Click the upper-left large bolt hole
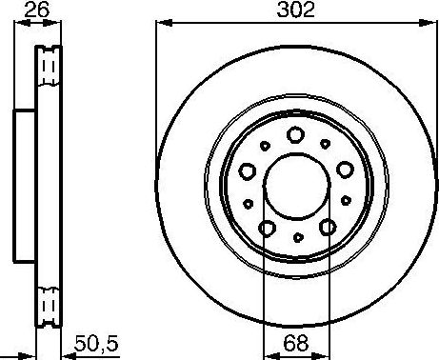coord(248,171)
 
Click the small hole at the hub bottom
coord(298,237)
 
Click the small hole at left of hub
coord(248,202)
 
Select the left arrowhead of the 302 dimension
coord(159,24)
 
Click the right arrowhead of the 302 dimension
coord(433,24)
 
